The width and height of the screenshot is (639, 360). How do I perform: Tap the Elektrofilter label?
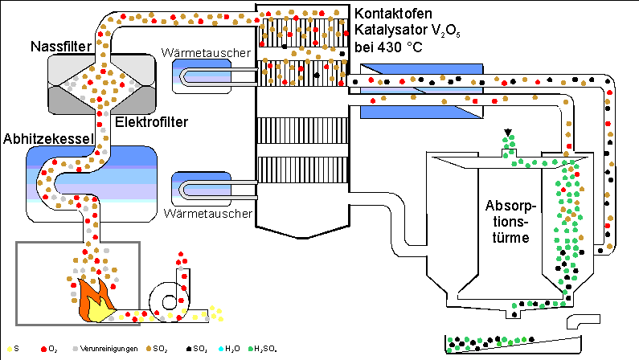point(154,122)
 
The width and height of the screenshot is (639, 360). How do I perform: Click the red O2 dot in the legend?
point(41,348)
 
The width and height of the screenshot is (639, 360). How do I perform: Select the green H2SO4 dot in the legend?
point(248,348)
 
